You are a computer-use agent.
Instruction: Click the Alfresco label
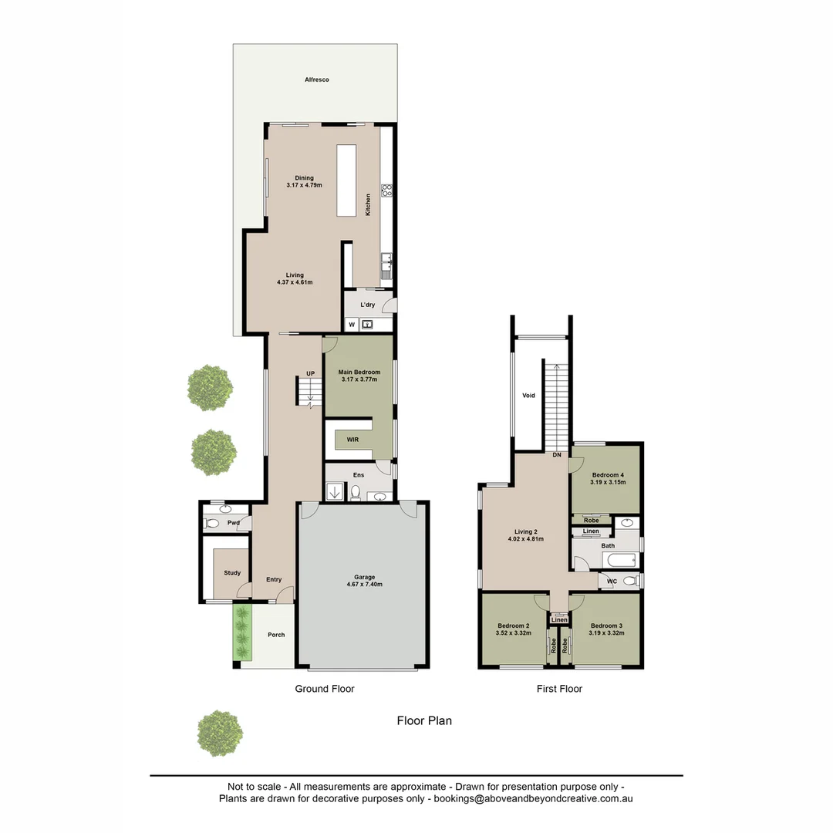[x=316, y=79]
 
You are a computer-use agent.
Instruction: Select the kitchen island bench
[x=346, y=180]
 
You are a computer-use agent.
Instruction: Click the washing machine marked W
[x=351, y=325]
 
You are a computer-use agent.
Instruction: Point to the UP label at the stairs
[x=311, y=374]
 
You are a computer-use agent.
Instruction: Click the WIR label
[x=352, y=440]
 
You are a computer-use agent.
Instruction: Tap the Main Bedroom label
[x=359, y=373]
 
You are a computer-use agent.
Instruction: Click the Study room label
[x=232, y=573]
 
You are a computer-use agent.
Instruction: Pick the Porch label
[x=276, y=635]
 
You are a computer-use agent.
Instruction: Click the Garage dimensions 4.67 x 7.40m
[x=364, y=585]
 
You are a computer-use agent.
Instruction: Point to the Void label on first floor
[x=528, y=396]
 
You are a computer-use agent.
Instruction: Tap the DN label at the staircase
[x=556, y=455]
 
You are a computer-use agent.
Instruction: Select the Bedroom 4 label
[x=608, y=475]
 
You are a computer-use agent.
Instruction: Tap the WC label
[x=612, y=581]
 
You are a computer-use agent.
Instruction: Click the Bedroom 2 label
[x=513, y=626]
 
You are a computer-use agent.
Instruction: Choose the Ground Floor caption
[x=325, y=689]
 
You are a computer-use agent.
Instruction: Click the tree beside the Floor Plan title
[x=220, y=733]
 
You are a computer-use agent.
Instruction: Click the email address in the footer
[x=534, y=800]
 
